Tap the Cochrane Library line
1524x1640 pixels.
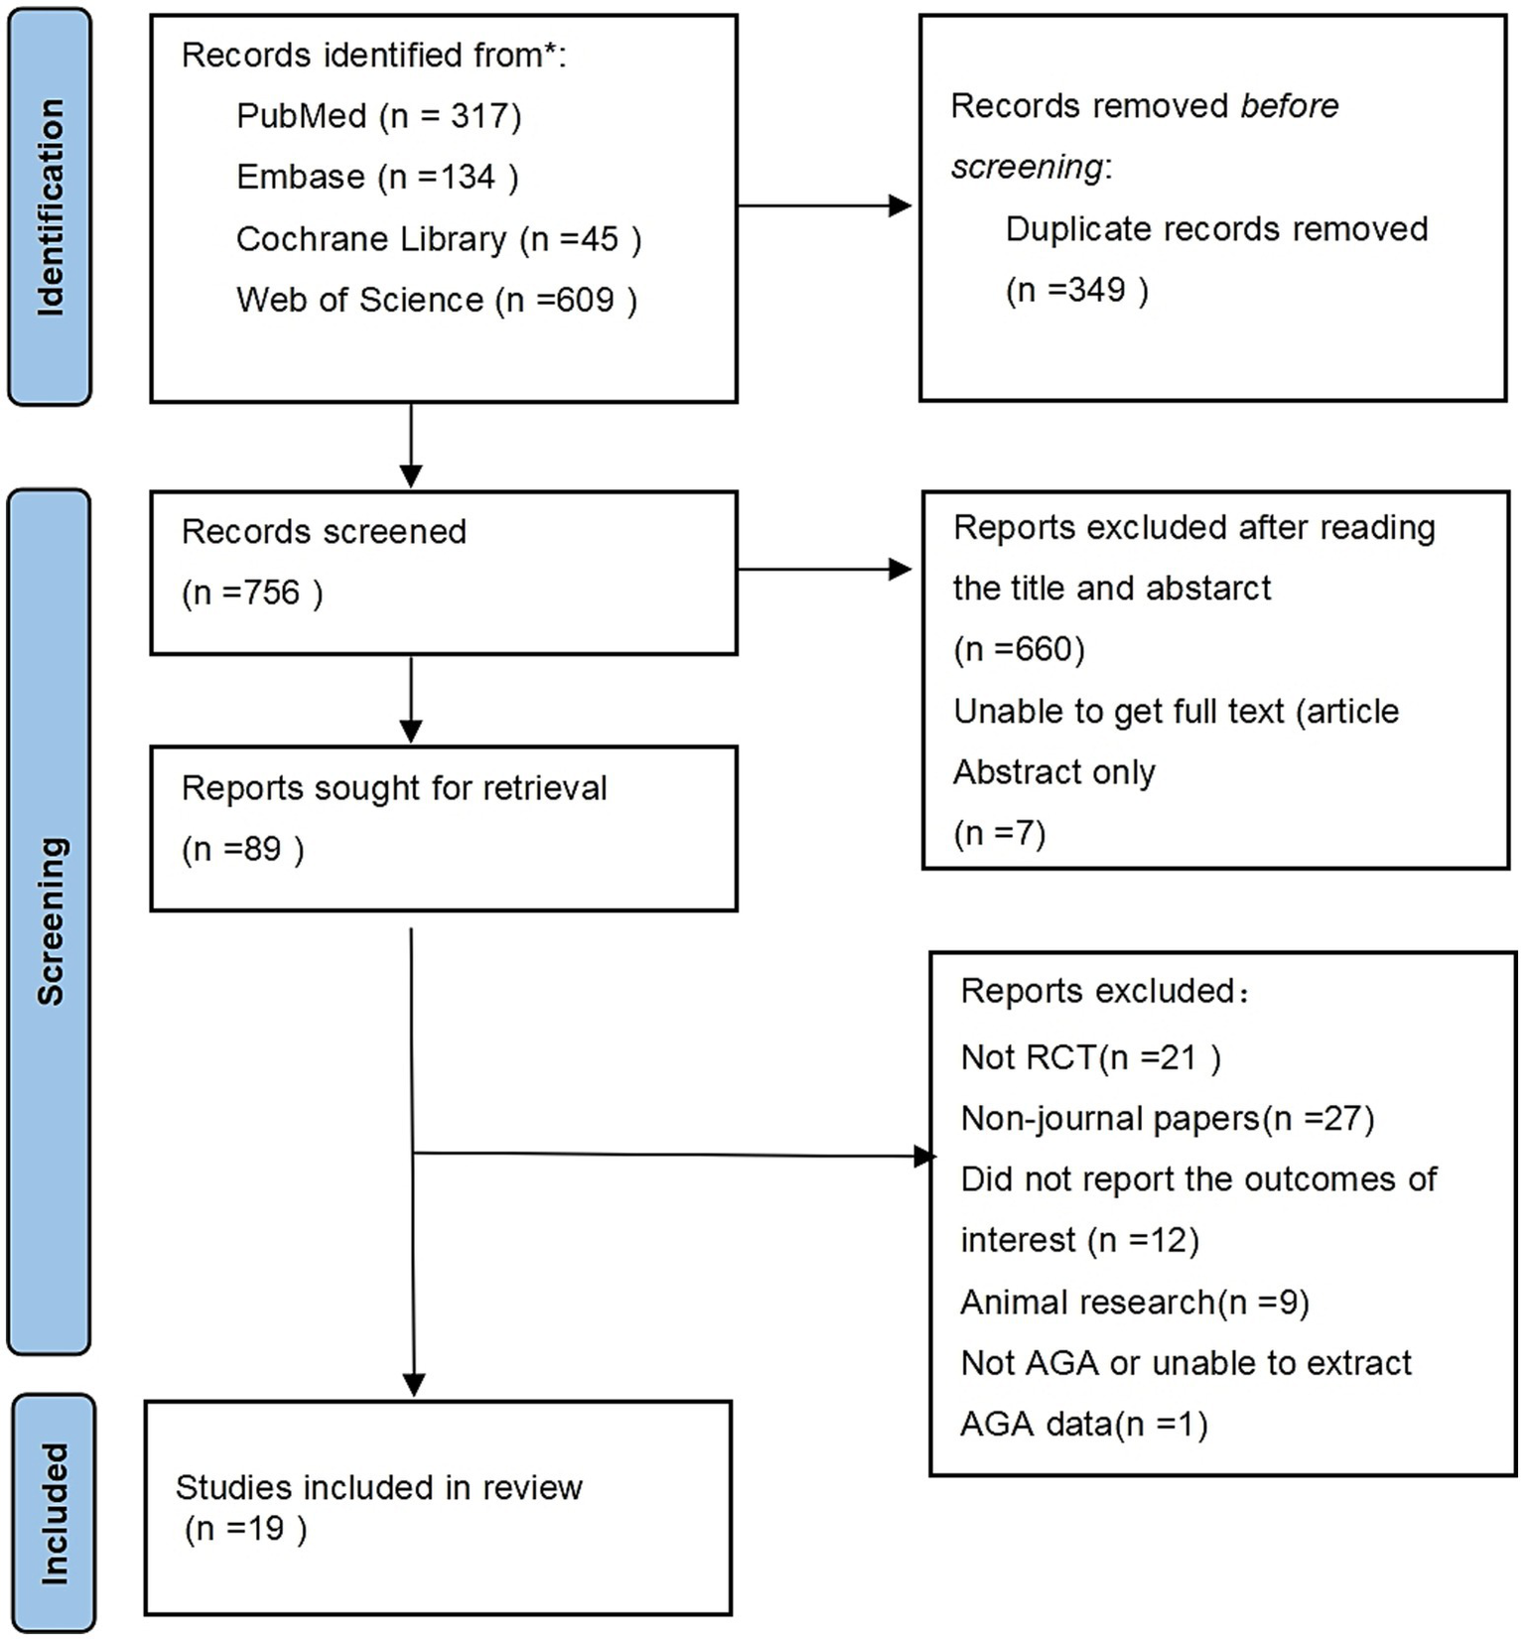click(x=438, y=239)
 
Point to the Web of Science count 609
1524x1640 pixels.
click(x=586, y=300)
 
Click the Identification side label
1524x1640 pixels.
click(x=50, y=207)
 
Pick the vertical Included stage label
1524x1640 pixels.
click(x=54, y=1513)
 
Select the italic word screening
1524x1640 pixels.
click(x=1027, y=167)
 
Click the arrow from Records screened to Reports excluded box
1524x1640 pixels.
click(x=824, y=569)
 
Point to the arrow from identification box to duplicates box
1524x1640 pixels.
click(x=824, y=206)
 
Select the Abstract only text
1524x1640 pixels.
click(x=1053, y=772)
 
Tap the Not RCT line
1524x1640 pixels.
click(x=1089, y=1057)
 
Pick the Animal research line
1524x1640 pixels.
click(x=1133, y=1301)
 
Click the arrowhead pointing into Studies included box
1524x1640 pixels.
click(x=414, y=1384)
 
